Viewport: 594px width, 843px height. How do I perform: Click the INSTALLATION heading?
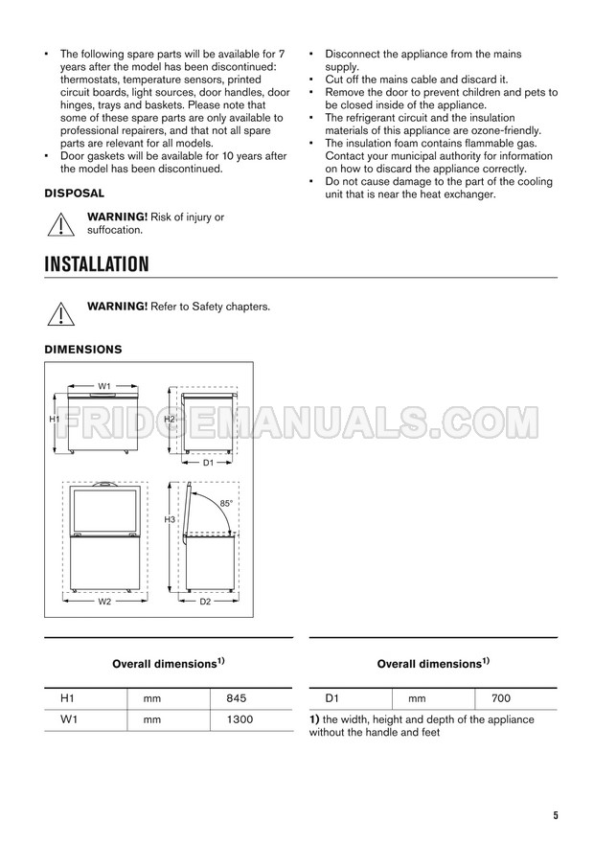pos(96,262)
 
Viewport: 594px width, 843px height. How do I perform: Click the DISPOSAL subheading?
pos(75,193)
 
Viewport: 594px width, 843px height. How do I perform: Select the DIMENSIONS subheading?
pos(83,350)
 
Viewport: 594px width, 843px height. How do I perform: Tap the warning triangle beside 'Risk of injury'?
pos(60,224)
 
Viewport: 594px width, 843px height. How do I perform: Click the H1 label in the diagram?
pos(56,420)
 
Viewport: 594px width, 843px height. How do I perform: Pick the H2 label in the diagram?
pos(169,420)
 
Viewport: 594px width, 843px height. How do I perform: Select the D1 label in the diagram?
pos(208,463)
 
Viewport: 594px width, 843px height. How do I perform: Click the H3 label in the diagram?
pos(169,519)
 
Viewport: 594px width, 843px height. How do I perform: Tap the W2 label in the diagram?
pos(104,601)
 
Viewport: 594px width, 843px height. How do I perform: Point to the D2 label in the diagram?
pos(205,601)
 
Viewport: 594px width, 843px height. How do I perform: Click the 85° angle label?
pos(226,502)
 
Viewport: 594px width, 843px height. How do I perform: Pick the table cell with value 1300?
pos(231,718)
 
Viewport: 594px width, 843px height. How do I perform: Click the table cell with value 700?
pos(500,699)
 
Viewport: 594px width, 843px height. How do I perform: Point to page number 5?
pos(555,815)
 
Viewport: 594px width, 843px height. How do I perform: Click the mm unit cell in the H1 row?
pos(150,699)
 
